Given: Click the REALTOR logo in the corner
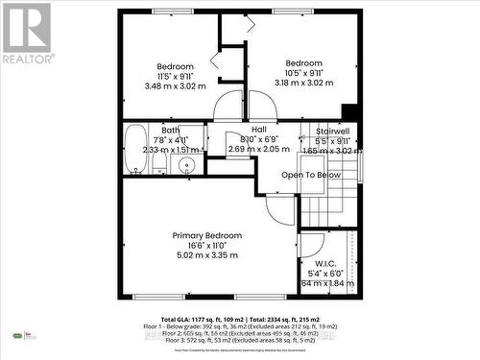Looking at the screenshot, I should tap(28, 34).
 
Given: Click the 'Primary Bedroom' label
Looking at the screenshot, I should tap(206, 235).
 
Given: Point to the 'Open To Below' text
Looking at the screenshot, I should tap(310, 175).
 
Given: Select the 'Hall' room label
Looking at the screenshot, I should tap(258, 130).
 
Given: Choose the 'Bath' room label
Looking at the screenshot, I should tap(171, 130).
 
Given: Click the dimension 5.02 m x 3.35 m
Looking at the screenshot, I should tap(206, 255).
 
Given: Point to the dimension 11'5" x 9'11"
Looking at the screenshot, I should tap(175, 76).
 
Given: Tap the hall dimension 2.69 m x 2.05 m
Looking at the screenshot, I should tap(258, 150).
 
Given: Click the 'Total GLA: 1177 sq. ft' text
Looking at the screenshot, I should tap(199, 319).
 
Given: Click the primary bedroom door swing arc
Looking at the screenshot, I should tap(279, 210).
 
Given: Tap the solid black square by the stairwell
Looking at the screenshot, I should tap(349, 111).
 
